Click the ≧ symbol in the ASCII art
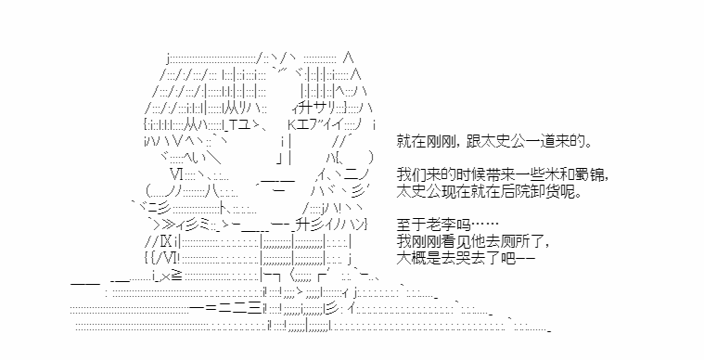(x=176, y=276)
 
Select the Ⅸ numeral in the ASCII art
(x=166, y=241)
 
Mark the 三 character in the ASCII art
(x=254, y=309)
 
